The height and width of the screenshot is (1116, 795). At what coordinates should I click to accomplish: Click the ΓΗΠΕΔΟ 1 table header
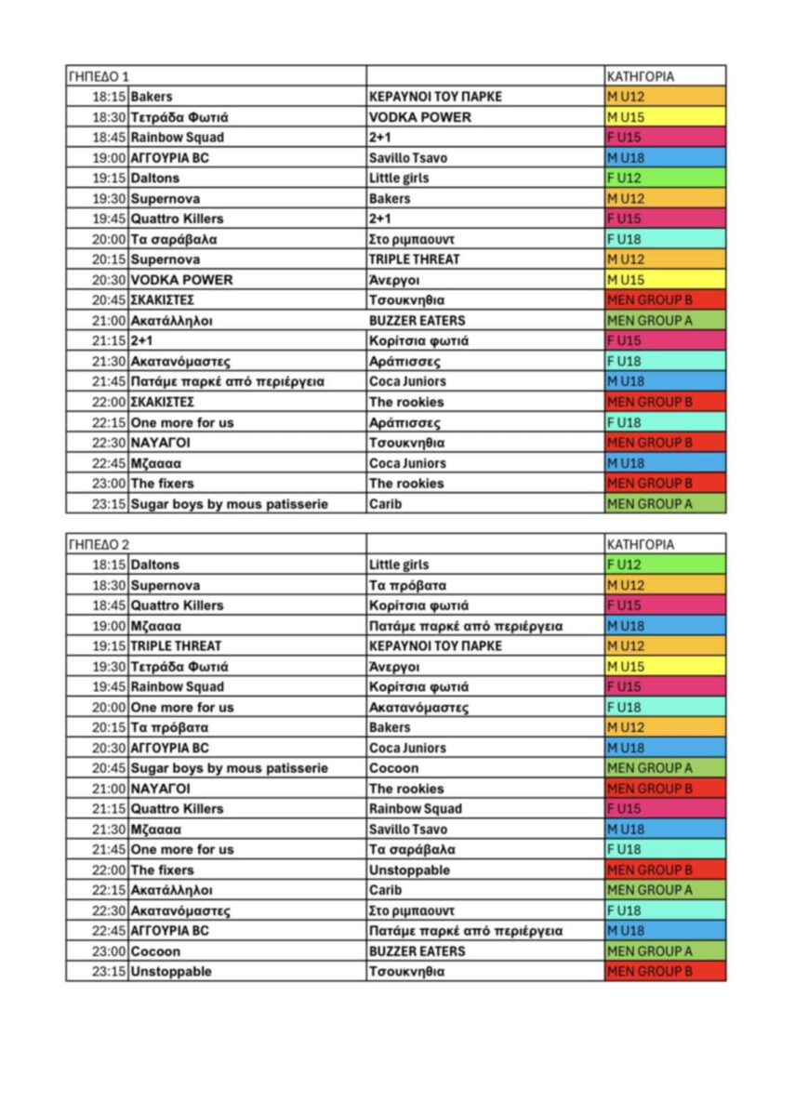point(99,76)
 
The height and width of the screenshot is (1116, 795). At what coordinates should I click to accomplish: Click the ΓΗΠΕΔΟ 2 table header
point(99,544)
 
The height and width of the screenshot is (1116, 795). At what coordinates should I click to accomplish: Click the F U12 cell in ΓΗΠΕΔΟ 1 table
point(664,178)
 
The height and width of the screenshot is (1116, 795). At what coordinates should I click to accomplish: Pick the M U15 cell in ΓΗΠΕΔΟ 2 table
point(664,667)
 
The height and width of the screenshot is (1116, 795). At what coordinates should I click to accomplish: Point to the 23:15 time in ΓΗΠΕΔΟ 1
point(109,503)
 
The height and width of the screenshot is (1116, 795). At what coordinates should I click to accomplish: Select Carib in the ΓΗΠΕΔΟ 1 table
point(385,503)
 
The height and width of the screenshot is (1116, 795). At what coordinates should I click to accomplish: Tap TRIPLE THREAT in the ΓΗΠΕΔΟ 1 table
point(414,259)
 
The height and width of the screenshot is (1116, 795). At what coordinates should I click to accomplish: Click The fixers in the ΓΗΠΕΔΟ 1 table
point(162,483)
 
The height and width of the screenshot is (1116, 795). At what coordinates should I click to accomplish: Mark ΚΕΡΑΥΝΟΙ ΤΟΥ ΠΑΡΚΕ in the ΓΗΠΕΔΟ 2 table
point(435,645)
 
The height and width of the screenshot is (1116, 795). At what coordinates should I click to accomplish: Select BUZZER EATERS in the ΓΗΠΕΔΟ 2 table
point(417,951)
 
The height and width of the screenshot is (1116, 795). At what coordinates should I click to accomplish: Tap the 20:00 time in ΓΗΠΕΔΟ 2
point(109,707)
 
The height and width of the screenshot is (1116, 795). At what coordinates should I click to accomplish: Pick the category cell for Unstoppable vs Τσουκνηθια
point(664,972)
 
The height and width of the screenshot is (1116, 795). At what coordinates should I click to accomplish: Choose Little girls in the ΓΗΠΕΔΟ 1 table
point(399,178)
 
